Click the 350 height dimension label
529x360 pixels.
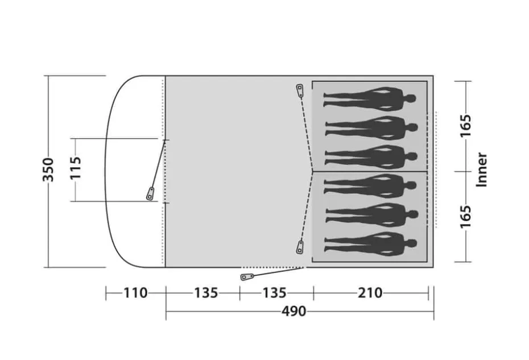point(48,169)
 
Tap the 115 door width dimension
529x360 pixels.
point(76,167)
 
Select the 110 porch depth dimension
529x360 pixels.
point(135,293)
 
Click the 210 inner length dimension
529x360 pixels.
point(370,293)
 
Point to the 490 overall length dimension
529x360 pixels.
point(294,311)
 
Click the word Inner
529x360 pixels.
point(482,169)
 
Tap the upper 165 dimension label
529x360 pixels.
point(465,126)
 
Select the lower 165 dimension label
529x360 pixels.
point(465,216)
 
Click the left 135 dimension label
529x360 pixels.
point(206,293)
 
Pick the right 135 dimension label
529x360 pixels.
point(275,293)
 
